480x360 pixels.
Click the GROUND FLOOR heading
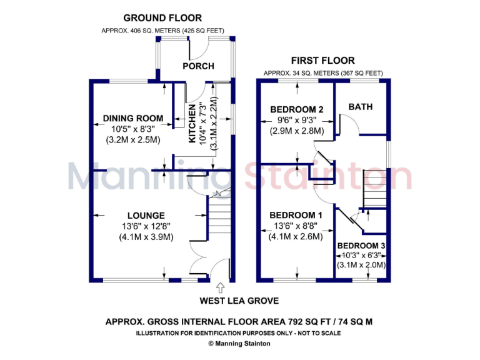click(162, 18)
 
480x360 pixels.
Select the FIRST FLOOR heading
click(322, 61)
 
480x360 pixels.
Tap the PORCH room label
click(199, 66)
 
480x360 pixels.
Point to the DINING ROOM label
click(133, 118)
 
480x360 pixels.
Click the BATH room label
click(361, 107)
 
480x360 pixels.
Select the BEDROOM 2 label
click(296, 109)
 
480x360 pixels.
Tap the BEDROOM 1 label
click(296, 216)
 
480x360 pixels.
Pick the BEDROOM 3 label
click(361, 246)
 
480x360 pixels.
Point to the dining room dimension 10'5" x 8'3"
click(133, 129)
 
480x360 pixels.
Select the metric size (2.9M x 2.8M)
click(296, 131)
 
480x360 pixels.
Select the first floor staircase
click(375, 185)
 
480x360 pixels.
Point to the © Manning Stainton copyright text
click(240, 343)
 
